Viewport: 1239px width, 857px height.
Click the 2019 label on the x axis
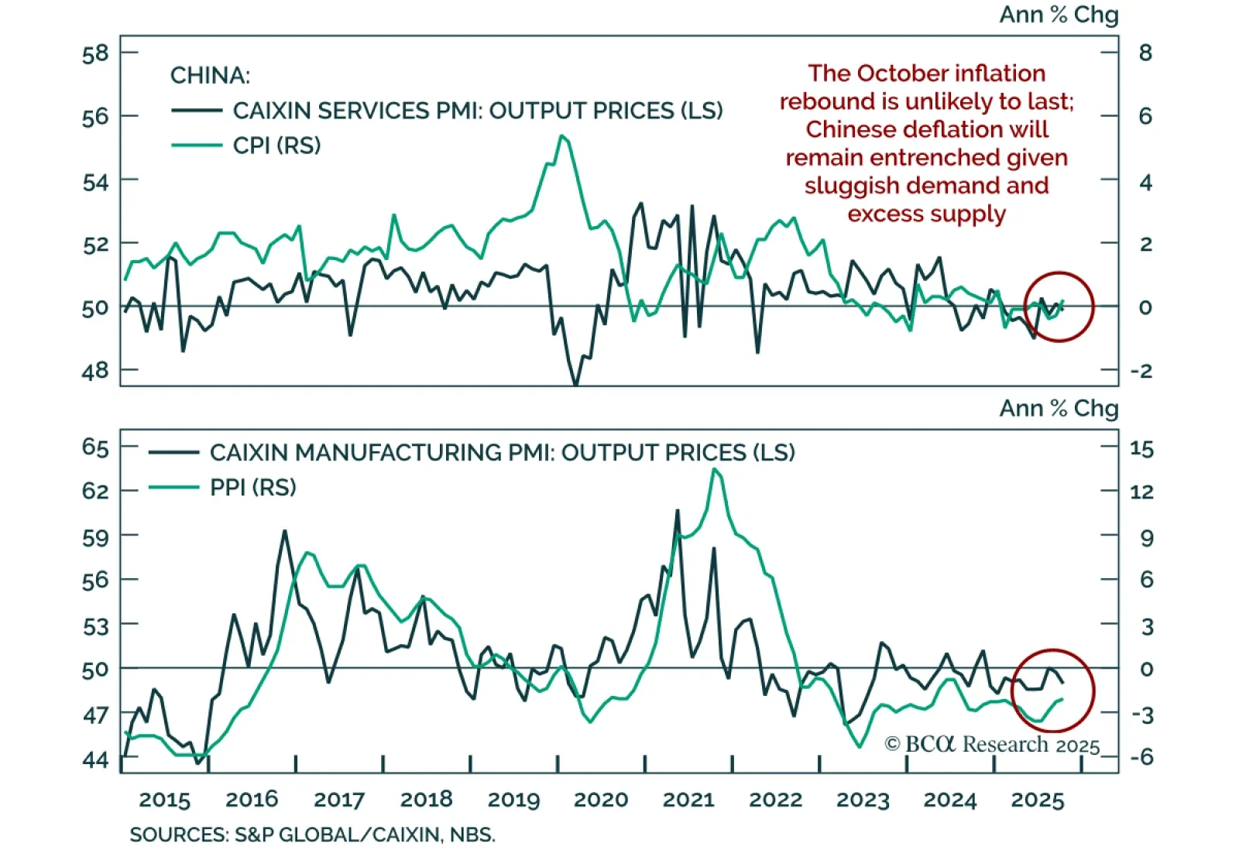[514, 800]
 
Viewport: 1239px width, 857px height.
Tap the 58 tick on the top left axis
[95, 53]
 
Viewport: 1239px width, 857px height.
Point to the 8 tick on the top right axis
[1145, 53]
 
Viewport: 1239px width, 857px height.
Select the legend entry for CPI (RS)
[276, 146]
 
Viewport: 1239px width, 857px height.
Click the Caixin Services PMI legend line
[197, 111]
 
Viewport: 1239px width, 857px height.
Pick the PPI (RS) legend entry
[253, 488]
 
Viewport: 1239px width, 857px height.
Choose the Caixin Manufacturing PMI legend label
[502, 452]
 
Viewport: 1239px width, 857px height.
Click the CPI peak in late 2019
[562, 136]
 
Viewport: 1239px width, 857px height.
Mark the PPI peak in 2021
[716, 469]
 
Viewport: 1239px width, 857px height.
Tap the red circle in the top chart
[1059, 307]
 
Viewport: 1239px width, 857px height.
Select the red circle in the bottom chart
[1053, 691]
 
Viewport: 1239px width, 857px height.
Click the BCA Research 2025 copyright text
[992, 745]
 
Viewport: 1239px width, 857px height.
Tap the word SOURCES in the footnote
[178, 835]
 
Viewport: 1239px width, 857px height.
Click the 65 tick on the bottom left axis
[95, 447]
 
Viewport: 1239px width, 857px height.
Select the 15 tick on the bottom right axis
[1141, 448]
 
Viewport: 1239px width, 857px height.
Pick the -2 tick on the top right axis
[1141, 371]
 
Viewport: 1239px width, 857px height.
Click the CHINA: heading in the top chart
[210, 76]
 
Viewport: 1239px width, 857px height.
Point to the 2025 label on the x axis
[1038, 800]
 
